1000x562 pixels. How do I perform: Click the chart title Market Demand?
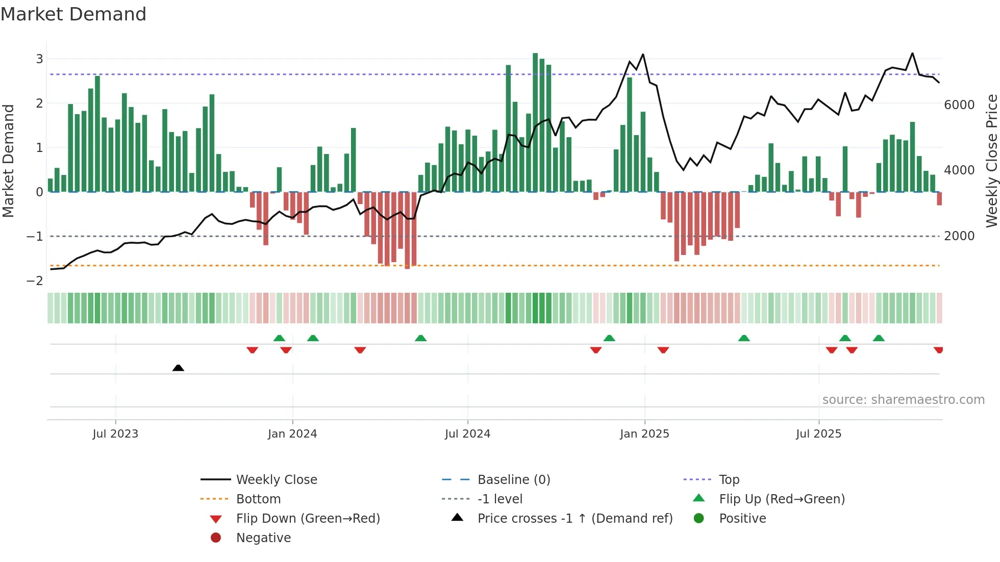tap(73, 14)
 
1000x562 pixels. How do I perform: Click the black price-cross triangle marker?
tap(178, 368)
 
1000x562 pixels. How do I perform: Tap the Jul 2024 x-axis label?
tap(467, 434)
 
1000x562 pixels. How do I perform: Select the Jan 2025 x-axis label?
tap(644, 434)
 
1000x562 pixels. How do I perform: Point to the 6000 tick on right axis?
tap(959, 105)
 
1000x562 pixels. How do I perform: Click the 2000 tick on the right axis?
tap(959, 236)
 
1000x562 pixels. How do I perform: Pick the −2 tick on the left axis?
tap(35, 281)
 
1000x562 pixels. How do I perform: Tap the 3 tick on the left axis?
tap(39, 59)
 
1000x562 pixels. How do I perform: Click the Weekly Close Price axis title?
tap(991, 161)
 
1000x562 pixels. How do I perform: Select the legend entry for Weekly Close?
tap(277, 480)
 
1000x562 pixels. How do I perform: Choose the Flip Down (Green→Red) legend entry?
tap(308, 519)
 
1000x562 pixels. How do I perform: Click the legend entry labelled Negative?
tap(263, 538)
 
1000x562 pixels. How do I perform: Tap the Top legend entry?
tap(729, 480)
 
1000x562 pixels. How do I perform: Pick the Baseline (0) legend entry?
tap(514, 480)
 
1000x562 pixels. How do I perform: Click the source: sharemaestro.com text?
tap(903, 400)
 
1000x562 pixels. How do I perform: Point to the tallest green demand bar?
tap(535, 122)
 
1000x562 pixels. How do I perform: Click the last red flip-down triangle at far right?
tap(938, 350)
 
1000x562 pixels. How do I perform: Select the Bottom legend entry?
tap(258, 499)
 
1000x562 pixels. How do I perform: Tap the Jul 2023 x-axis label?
tap(115, 434)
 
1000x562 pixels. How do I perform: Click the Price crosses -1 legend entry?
tap(575, 519)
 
